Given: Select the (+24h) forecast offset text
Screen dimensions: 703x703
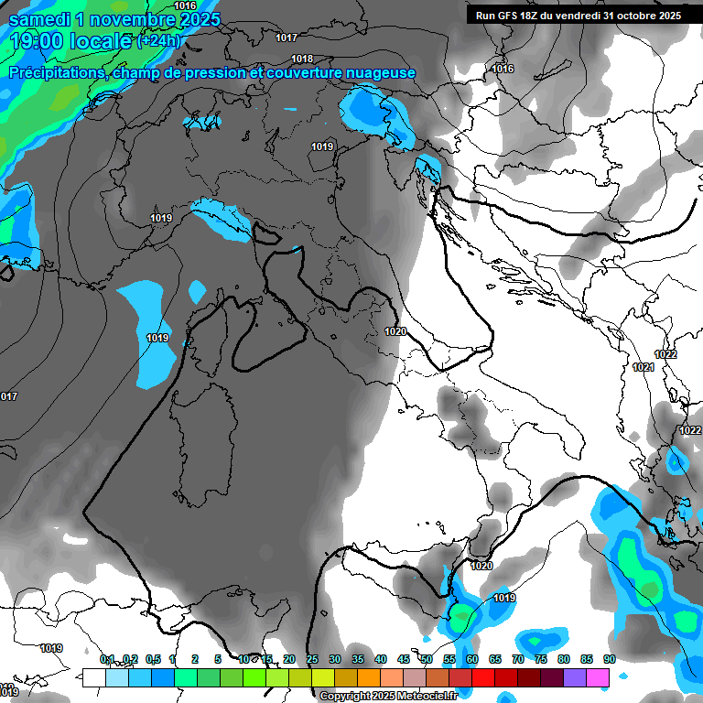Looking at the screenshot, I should [x=159, y=41].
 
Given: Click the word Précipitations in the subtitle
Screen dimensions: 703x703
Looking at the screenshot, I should [x=56, y=73].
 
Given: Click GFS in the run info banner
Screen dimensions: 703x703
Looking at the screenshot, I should [x=518, y=16].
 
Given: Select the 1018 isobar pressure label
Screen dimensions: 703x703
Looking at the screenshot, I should [x=302, y=59].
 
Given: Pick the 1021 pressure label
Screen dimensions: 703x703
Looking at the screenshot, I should [x=644, y=367].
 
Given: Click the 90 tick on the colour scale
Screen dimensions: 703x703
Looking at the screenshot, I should [x=610, y=659].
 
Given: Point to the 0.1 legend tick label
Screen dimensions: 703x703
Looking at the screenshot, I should [x=107, y=659].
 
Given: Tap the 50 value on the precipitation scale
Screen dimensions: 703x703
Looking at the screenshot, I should [x=427, y=659].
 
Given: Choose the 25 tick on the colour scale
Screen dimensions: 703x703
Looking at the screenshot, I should [x=312, y=659].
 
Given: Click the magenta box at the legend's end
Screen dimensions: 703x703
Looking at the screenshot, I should [x=598, y=677].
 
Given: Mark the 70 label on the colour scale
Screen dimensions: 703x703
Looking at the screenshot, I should [x=518, y=659].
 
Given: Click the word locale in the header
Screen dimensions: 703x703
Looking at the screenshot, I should [x=96, y=41].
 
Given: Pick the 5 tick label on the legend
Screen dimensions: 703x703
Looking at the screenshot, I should [x=218, y=659].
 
